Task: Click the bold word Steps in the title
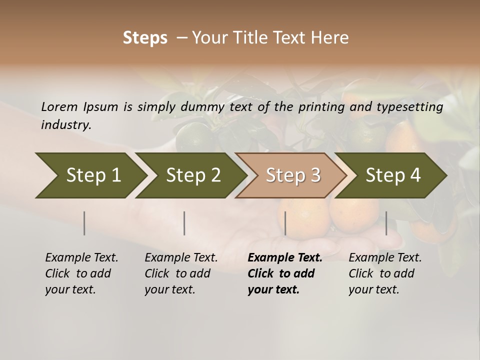[x=145, y=38]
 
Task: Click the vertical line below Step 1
[x=84, y=223]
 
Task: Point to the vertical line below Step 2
[x=184, y=223]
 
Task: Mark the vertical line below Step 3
[x=285, y=223]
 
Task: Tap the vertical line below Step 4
[x=386, y=223]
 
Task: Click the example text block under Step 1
[x=81, y=273]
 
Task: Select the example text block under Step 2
[x=180, y=273]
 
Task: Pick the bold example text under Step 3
[x=284, y=273]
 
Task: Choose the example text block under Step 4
[x=384, y=273]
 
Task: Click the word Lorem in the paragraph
[x=59, y=106]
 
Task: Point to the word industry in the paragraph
[x=66, y=125]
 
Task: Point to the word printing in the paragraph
[x=322, y=107]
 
